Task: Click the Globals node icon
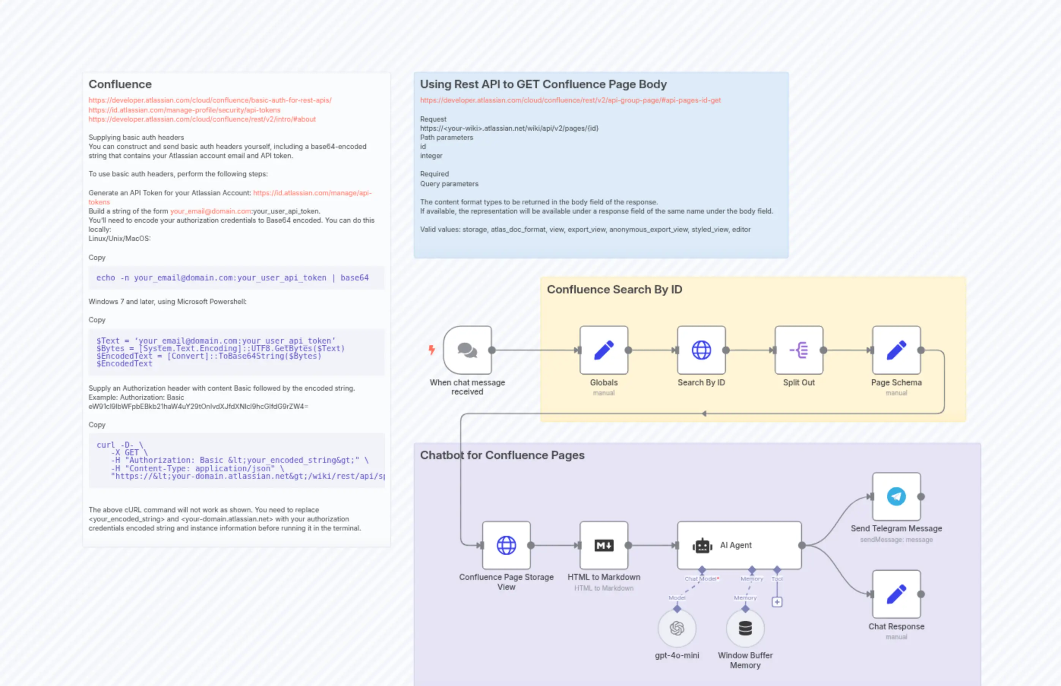click(603, 350)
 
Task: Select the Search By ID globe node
click(701, 350)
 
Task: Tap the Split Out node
click(799, 350)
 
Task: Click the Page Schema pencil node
click(896, 350)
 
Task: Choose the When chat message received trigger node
click(467, 350)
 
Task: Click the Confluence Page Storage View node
click(506, 545)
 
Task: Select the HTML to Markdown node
click(603, 545)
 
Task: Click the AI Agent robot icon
click(702, 545)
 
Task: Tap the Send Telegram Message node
click(896, 496)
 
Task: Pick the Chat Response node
click(896, 594)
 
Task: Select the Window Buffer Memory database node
click(745, 628)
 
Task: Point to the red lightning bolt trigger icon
click(431, 350)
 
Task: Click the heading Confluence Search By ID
click(614, 290)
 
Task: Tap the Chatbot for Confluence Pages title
click(502, 455)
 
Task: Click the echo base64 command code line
click(232, 278)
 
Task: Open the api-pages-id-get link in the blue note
click(570, 100)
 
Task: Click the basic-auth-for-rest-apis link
click(210, 100)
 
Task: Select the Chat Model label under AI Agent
click(701, 579)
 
